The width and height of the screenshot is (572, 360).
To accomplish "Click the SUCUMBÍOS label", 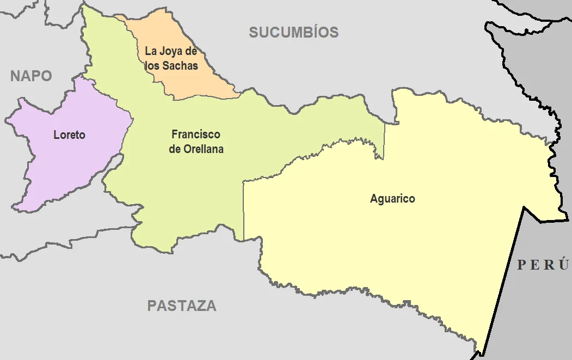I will click(x=294, y=33).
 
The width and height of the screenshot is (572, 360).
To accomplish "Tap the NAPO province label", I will click(x=31, y=76).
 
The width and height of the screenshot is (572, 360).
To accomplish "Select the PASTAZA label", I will click(x=182, y=306).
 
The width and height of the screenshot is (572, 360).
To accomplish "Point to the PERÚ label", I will click(x=543, y=265).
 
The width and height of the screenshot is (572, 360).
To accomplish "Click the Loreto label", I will click(x=69, y=135).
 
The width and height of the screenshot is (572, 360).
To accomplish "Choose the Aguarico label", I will click(x=392, y=199).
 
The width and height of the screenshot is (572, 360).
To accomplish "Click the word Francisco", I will click(x=196, y=134).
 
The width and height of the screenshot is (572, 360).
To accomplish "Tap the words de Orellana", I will click(x=196, y=149).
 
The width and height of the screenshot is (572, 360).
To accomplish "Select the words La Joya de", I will click(x=170, y=51).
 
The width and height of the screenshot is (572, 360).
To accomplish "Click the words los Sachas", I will click(x=171, y=65).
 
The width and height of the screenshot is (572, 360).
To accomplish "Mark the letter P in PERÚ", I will click(x=521, y=265).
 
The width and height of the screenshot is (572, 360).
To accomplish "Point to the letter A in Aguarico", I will click(x=374, y=199).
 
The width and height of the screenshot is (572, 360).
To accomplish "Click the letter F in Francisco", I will click(x=174, y=134).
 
